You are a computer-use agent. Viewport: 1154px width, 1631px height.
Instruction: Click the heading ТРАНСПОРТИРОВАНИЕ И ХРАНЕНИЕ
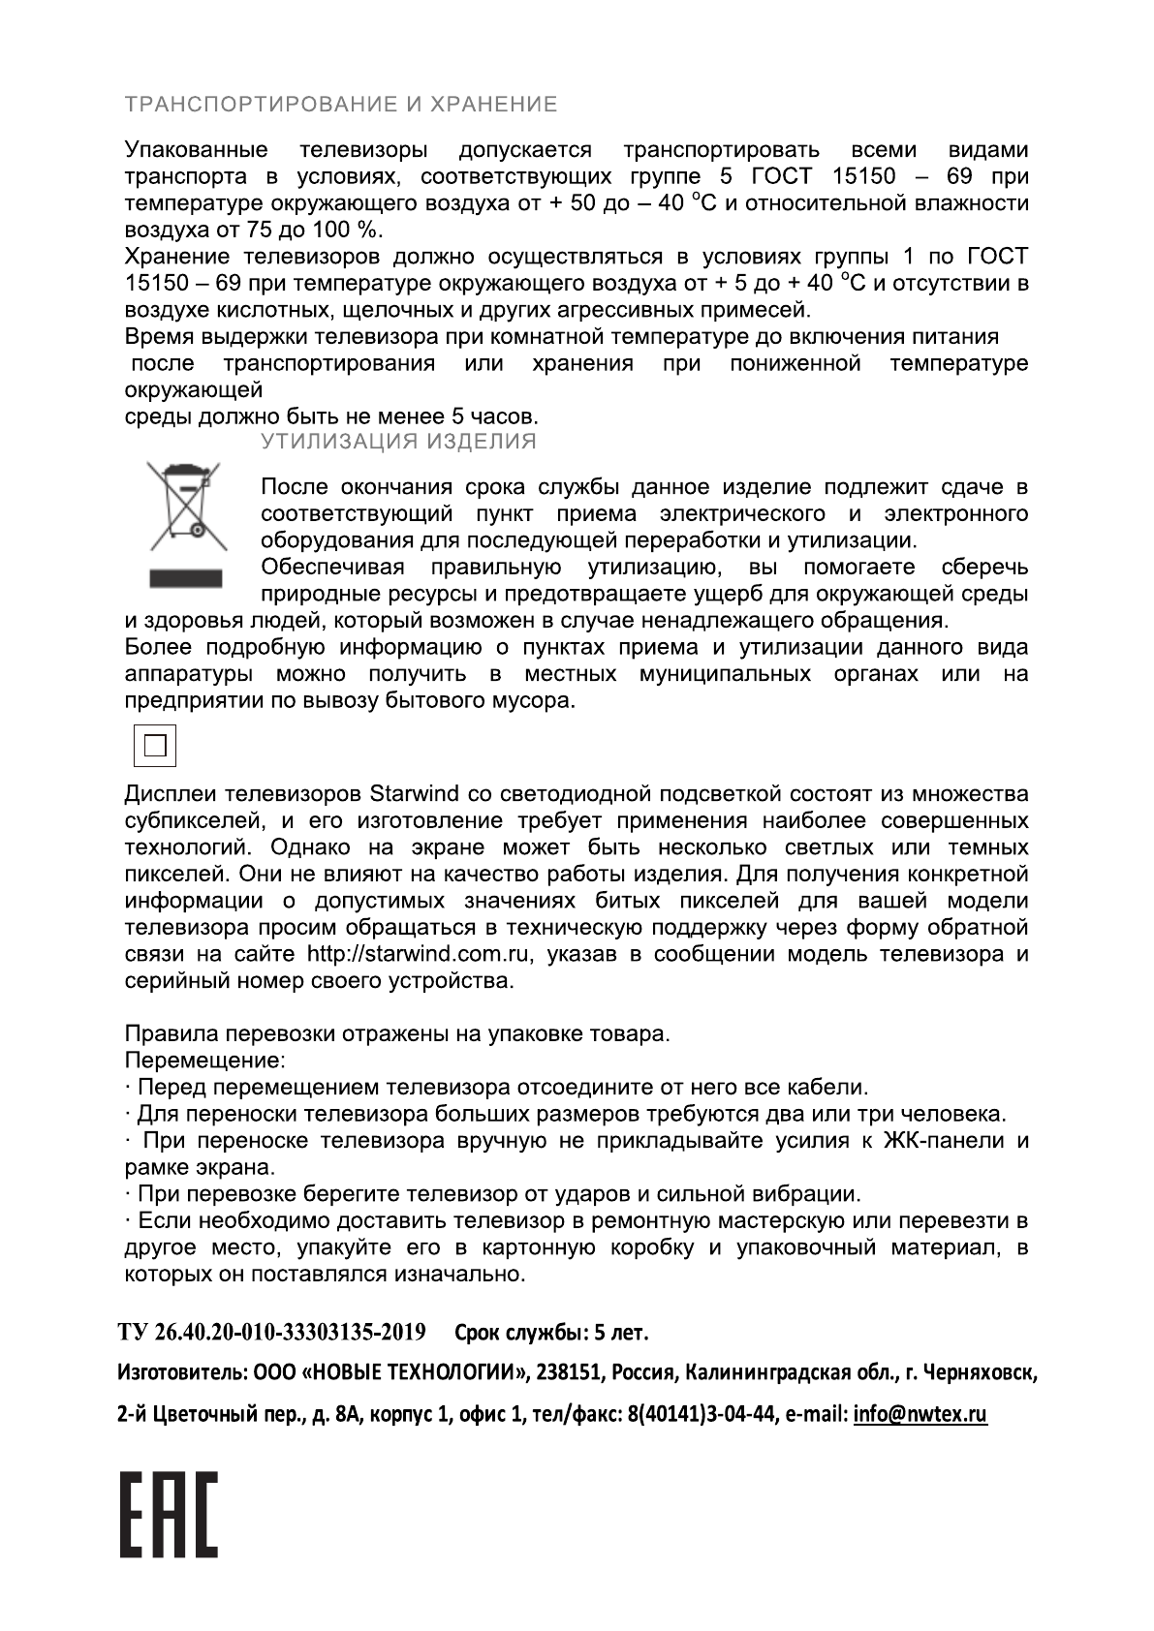341,105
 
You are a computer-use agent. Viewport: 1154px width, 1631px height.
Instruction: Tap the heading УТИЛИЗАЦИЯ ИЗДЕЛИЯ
397,443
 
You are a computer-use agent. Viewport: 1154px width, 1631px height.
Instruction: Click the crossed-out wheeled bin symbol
186,508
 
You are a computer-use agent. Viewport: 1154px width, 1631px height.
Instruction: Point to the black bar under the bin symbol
186,577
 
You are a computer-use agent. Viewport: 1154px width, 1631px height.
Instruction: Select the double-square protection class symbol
155,746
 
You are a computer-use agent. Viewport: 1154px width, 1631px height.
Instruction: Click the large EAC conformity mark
169,1516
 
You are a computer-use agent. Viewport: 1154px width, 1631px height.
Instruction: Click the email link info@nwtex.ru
920,1415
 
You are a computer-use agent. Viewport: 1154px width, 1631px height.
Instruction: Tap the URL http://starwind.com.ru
420,954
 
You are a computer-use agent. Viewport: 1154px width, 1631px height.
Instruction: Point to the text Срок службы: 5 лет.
551,1334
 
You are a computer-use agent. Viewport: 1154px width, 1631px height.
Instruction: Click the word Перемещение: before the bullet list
205,1061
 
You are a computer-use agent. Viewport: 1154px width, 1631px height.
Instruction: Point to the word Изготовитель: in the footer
183,1373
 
